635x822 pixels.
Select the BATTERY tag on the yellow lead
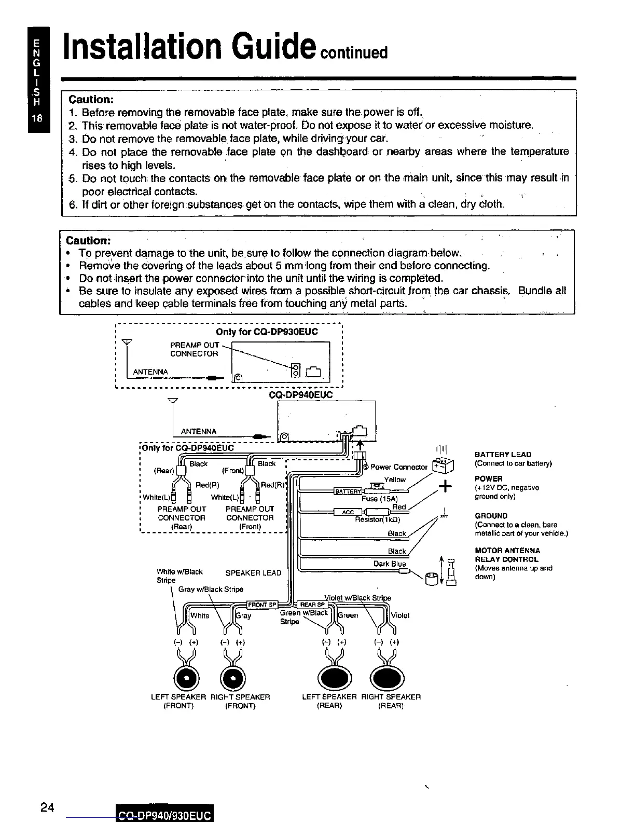(348, 491)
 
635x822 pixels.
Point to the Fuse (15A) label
(379, 499)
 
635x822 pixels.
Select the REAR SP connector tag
(313, 605)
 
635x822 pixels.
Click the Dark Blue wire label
(390, 564)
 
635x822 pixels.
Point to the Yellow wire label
(395, 479)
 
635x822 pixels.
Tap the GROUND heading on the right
(490, 516)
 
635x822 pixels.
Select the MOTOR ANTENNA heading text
(507, 551)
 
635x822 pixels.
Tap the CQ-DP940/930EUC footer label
(164, 816)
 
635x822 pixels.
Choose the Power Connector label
(399, 467)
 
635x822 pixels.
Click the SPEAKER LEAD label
(253, 573)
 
